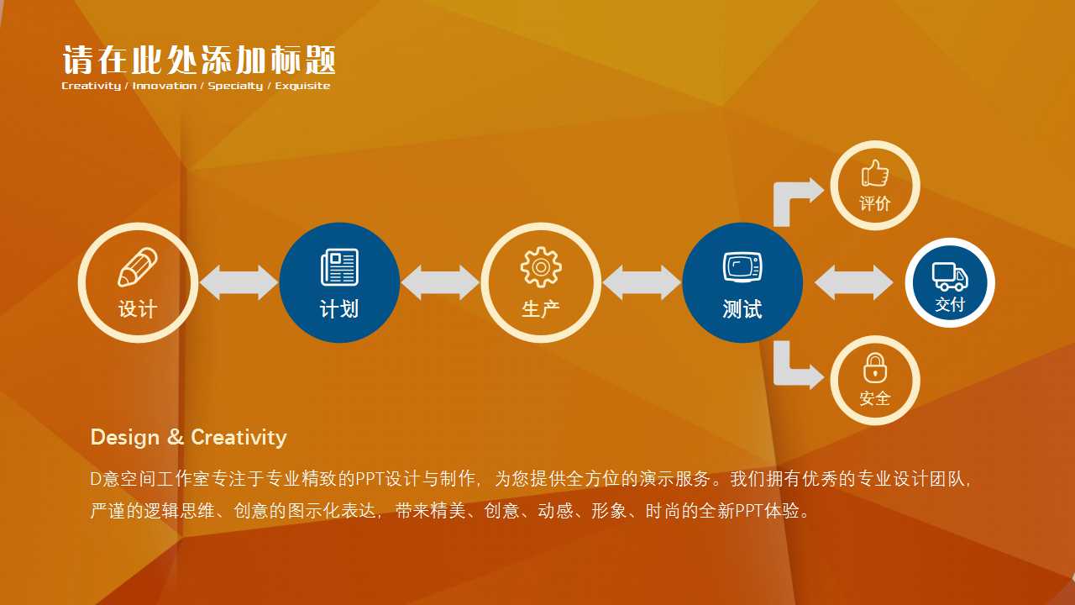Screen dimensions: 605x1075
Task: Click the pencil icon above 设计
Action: (x=137, y=266)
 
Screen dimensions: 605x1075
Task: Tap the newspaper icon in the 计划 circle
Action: (x=339, y=267)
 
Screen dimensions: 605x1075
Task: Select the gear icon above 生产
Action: (x=541, y=267)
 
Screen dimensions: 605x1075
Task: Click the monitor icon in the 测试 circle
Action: (x=742, y=267)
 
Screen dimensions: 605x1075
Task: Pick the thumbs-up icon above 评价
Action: (x=875, y=174)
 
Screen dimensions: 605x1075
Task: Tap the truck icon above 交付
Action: (x=950, y=276)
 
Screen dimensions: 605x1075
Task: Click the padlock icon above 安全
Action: (x=875, y=367)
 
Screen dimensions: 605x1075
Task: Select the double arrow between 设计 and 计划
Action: (x=239, y=282)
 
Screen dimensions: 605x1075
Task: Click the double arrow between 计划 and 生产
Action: (x=440, y=282)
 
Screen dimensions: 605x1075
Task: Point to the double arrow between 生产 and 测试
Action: (x=642, y=282)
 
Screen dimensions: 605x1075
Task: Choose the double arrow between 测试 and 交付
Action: (x=854, y=282)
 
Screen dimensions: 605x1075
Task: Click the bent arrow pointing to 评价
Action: (x=794, y=197)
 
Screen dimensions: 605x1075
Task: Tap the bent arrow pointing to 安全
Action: (x=794, y=367)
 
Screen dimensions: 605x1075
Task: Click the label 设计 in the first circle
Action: (x=138, y=309)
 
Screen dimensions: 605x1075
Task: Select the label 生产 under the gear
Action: (x=541, y=309)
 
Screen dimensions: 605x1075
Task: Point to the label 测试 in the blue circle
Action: (x=742, y=309)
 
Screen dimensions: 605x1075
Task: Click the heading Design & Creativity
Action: (x=188, y=437)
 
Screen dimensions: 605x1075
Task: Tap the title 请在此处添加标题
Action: (x=199, y=60)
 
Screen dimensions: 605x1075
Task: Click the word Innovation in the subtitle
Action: (x=165, y=86)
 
